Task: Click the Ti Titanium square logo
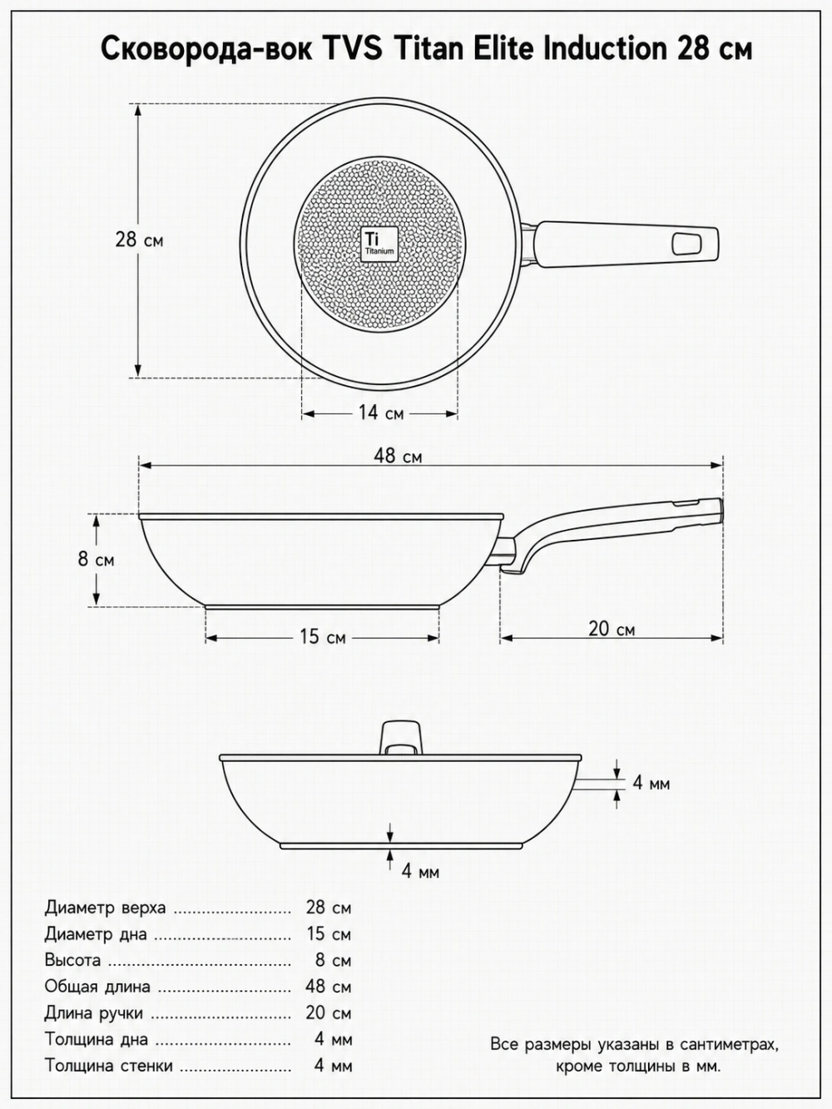pyautogui.click(x=379, y=244)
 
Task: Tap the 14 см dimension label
pyautogui.click(x=381, y=413)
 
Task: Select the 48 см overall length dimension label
pyautogui.click(x=398, y=456)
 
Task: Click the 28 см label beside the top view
pyautogui.click(x=139, y=240)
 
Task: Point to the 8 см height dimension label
pyautogui.click(x=96, y=559)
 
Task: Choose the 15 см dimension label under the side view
pyautogui.click(x=323, y=637)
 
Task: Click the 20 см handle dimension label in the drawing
pyautogui.click(x=612, y=629)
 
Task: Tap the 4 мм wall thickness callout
pyautogui.click(x=651, y=783)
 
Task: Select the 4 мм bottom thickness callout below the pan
pyautogui.click(x=420, y=872)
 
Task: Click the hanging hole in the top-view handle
pyautogui.click(x=686, y=244)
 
